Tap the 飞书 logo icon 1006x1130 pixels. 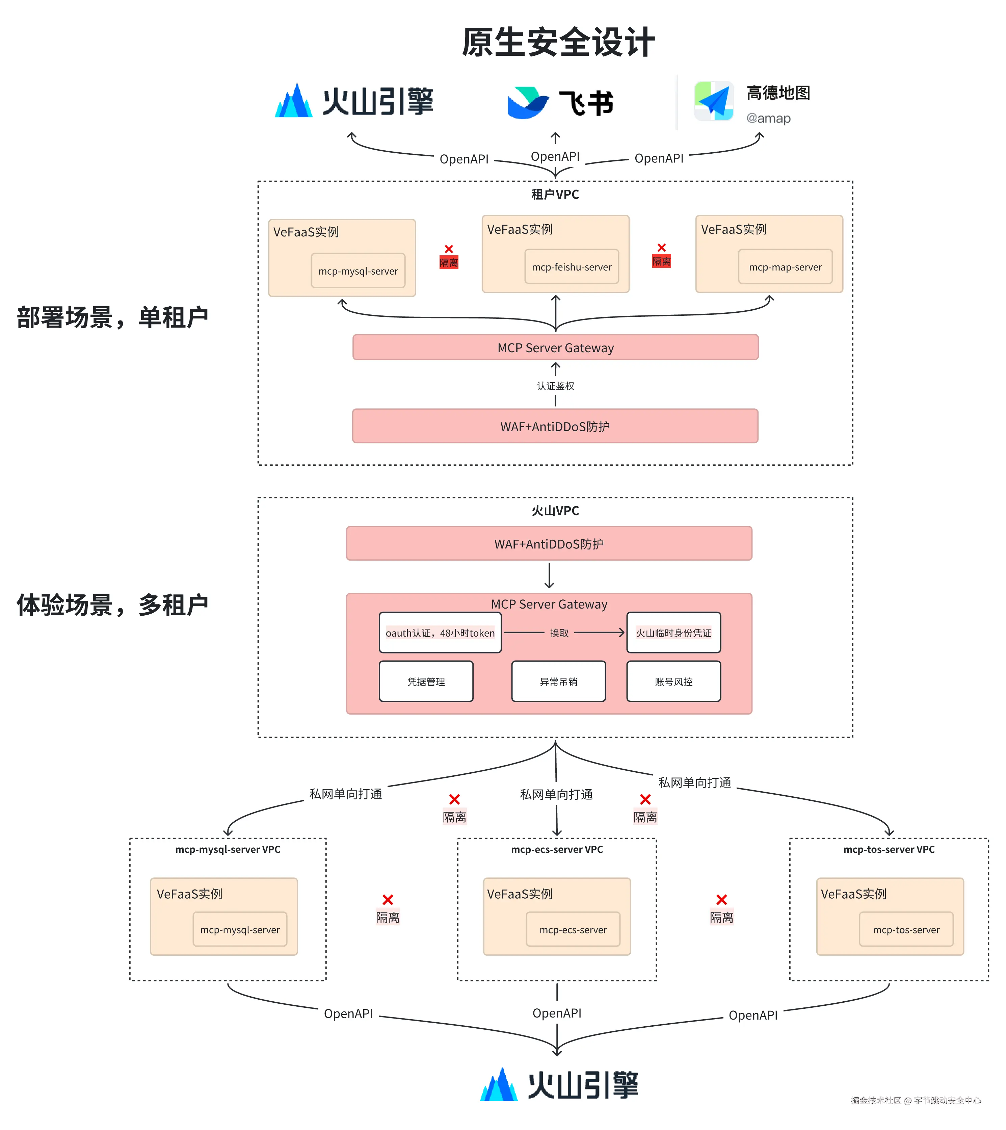(528, 102)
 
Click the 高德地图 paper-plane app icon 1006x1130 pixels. (714, 101)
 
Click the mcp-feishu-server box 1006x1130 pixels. (572, 267)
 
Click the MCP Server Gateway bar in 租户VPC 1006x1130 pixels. (556, 347)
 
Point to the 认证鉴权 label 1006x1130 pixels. (556, 386)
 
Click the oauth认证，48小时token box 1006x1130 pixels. (440, 633)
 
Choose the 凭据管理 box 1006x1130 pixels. (426, 681)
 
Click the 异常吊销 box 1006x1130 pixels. (558, 681)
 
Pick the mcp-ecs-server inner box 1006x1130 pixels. (573, 929)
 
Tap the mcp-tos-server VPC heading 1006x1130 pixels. (889, 849)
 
